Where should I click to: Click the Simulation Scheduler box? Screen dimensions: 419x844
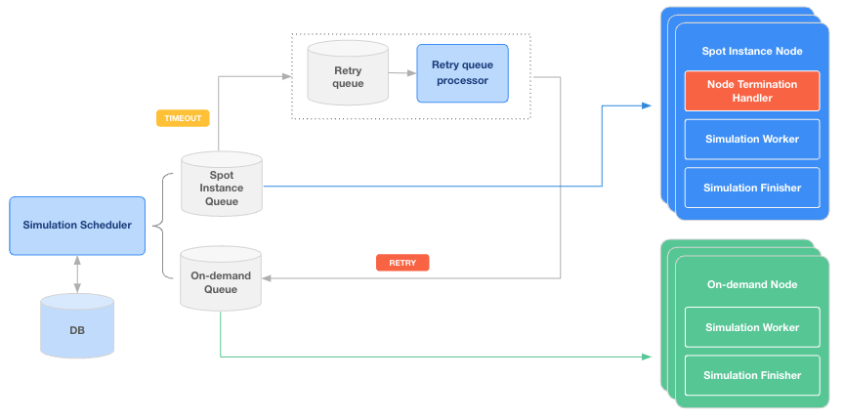click(x=77, y=226)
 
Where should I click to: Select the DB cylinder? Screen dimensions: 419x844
click(x=77, y=329)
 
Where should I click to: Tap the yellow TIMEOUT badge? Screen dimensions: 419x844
click(x=183, y=118)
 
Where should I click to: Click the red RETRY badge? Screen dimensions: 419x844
click(x=402, y=263)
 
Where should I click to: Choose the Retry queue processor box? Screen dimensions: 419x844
click(x=462, y=73)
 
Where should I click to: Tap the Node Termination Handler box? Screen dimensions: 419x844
click(x=752, y=91)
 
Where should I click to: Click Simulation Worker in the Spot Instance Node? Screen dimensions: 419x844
click(x=752, y=139)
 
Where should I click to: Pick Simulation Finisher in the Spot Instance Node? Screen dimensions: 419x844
click(x=752, y=188)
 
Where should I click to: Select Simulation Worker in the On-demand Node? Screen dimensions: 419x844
click(x=752, y=328)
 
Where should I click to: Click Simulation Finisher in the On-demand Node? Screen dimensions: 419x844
click(x=752, y=375)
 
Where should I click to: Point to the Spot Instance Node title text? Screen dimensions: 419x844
click(x=752, y=51)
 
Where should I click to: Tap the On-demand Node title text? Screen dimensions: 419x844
click(x=752, y=284)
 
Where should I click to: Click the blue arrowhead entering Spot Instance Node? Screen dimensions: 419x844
click(x=646, y=105)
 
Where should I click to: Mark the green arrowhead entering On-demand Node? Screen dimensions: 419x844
click(x=646, y=356)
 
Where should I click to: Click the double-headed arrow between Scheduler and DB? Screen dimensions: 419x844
click(x=77, y=274)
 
